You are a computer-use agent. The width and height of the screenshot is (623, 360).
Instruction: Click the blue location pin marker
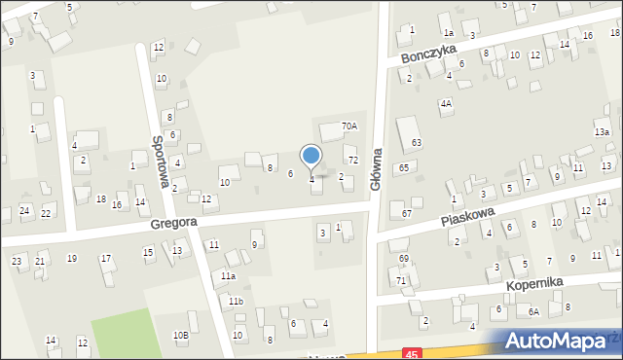pyautogui.click(x=311, y=156)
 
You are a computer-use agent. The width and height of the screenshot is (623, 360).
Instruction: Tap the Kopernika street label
pyautogui.click(x=535, y=283)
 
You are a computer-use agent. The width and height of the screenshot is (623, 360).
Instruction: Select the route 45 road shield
pyautogui.click(x=416, y=353)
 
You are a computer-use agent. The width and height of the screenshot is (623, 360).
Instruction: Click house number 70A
pyautogui.click(x=348, y=126)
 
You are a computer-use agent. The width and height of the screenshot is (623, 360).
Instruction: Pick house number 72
pyautogui.click(x=352, y=160)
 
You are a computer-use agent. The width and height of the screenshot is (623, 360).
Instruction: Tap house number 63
pyautogui.click(x=416, y=143)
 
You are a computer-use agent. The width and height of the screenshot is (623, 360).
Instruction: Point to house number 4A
pyautogui.click(x=446, y=102)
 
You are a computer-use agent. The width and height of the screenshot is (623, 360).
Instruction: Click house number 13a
pyautogui.click(x=602, y=131)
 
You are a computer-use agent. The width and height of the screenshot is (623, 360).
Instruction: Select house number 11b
pyautogui.click(x=237, y=302)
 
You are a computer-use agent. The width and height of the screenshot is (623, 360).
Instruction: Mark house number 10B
pyautogui.click(x=180, y=336)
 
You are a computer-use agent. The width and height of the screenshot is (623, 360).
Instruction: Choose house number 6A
pyautogui.click(x=533, y=311)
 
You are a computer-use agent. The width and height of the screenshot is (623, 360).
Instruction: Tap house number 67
pyautogui.click(x=407, y=213)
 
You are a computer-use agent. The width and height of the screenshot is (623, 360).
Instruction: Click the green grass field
pyautogui.click(x=127, y=337)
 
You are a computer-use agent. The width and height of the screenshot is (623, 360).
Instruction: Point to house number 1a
pyautogui.click(x=450, y=32)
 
